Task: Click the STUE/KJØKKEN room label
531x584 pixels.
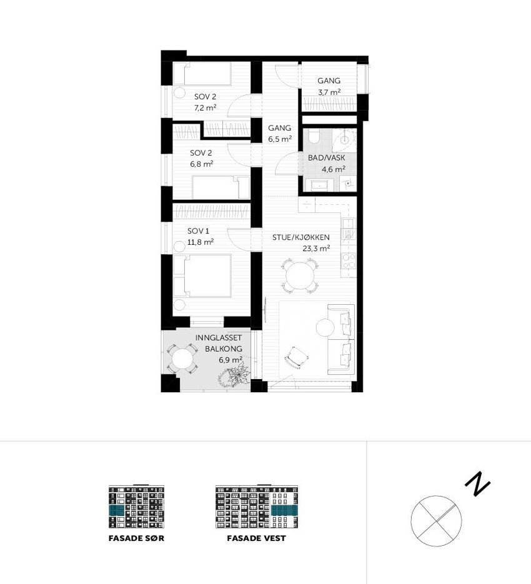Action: click(301, 237)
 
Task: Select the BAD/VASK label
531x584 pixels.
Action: click(326, 158)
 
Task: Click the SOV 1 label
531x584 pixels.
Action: click(197, 231)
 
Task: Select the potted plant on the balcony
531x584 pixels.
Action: click(233, 376)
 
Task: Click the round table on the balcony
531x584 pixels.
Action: click(182, 359)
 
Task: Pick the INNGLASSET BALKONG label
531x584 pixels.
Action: click(218, 344)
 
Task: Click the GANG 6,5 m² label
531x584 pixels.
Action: click(280, 133)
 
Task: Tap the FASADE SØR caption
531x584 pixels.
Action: click(136, 538)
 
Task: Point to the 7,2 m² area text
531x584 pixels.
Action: click(205, 107)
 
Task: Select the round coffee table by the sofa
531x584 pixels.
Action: click(325, 328)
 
